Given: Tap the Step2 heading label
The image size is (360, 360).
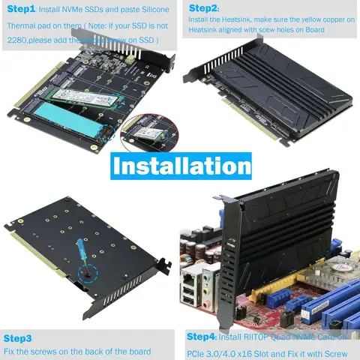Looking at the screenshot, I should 203,8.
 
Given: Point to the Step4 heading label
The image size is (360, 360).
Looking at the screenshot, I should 201,336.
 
